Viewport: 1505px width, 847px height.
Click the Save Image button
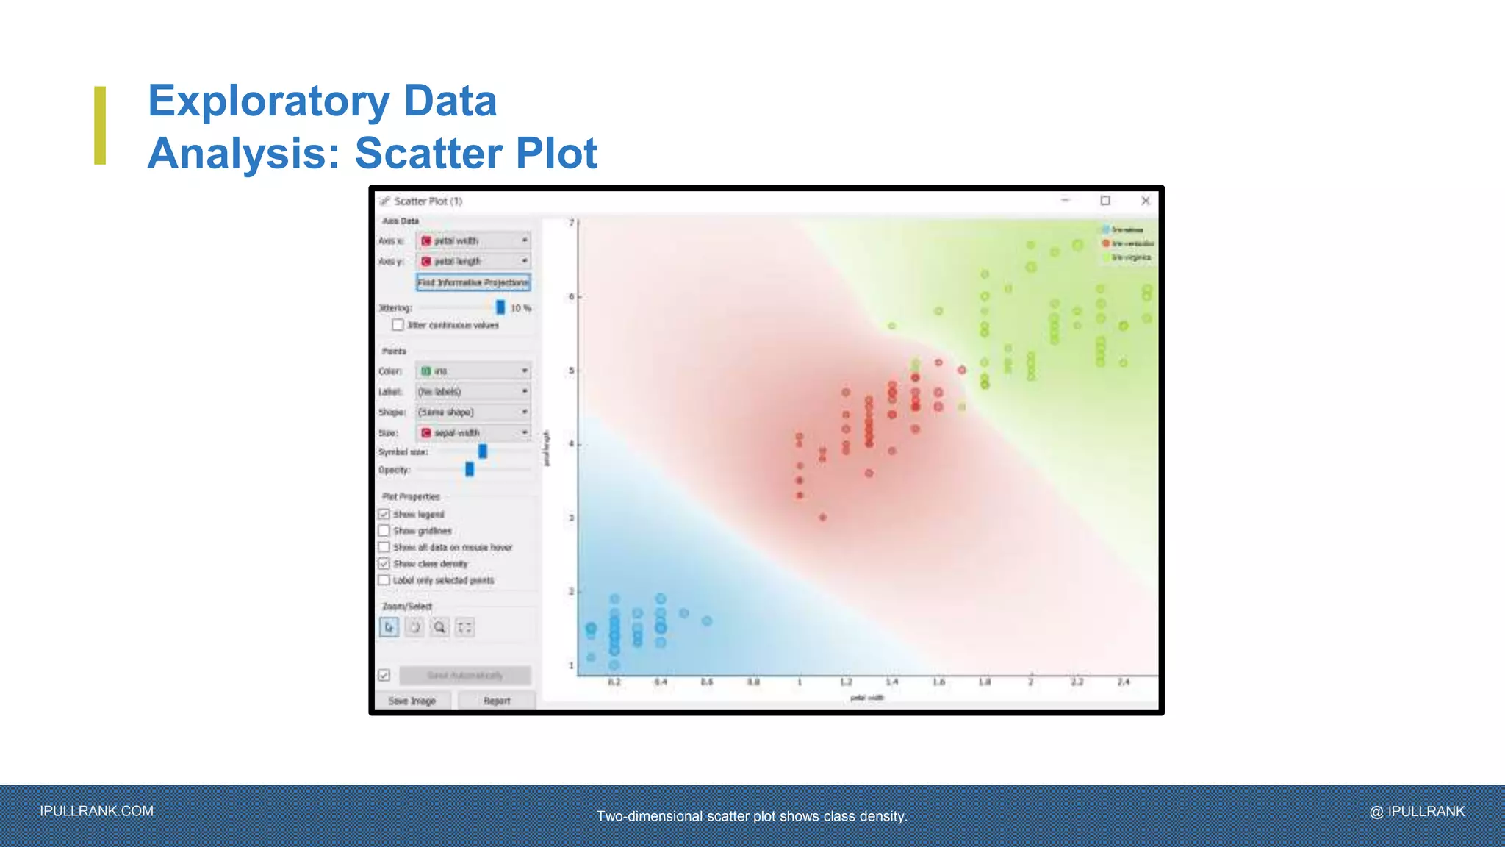point(412,701)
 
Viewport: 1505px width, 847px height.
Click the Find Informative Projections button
point(473,282)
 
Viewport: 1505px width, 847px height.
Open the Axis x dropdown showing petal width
point(473,240)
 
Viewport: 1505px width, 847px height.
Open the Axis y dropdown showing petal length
point(473,261)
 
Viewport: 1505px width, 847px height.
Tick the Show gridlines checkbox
point(384,531)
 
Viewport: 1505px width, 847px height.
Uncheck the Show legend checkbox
point(384,514)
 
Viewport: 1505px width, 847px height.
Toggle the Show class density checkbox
point(384,564)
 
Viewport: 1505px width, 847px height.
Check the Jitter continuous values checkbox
point(398,325)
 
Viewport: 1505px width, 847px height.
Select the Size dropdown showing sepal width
point(473,432)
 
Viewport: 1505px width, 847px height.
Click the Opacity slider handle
point(470,469)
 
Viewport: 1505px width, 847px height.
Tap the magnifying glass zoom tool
point(439,627)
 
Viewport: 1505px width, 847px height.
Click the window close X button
point(1145,201)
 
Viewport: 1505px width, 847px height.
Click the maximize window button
point(1105,201)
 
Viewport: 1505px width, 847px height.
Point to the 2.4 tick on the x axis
point(1123,682)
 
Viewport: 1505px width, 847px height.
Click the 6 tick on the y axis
point(572,297)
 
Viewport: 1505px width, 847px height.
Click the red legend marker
point(1106,243)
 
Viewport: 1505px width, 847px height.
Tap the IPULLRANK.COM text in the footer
point(97,811)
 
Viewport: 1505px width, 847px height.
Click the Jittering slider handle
point(500,307)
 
